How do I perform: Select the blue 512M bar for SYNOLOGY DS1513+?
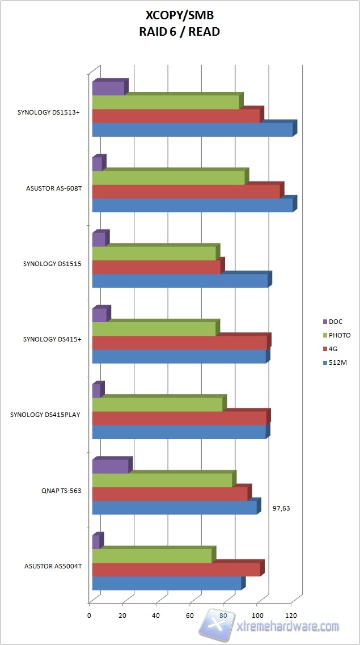pyautogui.click(x=192, y=130)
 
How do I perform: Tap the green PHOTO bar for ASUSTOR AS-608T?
pyautogui.click(x=168, y=178)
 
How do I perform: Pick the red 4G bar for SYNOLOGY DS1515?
pyautogui.click(x=156, y=267)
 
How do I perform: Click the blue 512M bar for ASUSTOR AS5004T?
pyautogui.click(x=167, y=583)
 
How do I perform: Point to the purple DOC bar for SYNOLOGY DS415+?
pyautogui.click(x=99, y=315)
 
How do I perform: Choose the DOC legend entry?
pyautogui.click(x=336, y=322)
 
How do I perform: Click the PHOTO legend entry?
pyautogui.click(x=339, y=335)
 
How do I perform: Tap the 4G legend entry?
pyautogui.click(x=333, y=349)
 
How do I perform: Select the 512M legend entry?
pyautogui.click(x=337, y=362)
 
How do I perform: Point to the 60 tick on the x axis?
pyautogui.click(x=190, y=615)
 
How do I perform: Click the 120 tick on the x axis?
pyautogui.click(x=291, y=615)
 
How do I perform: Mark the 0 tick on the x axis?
pyautogui.click(x=90, y=615)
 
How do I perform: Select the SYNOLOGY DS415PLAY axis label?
pyautogui.click(x=45, y=415)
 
